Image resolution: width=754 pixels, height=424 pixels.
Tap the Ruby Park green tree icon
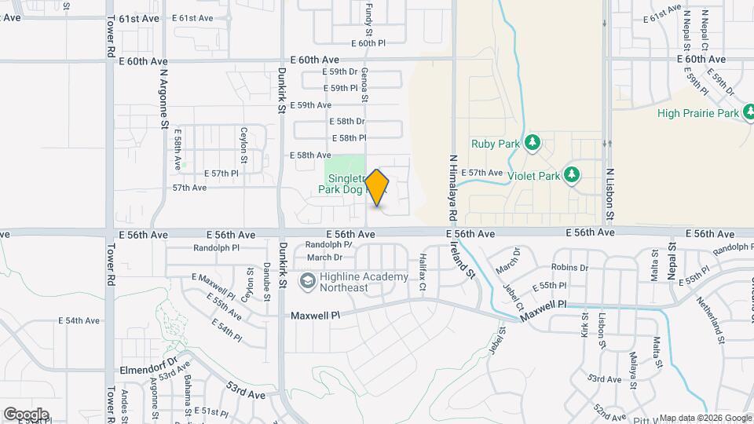coord(533,141)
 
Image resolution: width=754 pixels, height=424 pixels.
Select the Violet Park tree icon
coord(573,174)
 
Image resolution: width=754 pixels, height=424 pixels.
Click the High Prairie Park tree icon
coord(752,113)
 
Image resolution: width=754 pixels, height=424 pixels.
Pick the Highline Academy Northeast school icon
coord(307,280)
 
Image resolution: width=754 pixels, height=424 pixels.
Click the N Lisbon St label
coord(609,194)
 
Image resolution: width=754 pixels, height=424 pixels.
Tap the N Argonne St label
coord(165,97)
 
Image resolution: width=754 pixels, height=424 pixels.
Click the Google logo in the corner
coord(25,414)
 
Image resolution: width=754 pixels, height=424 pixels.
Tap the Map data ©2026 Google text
coord(705,418)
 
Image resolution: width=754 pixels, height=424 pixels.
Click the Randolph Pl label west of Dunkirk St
coord(215,247)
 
